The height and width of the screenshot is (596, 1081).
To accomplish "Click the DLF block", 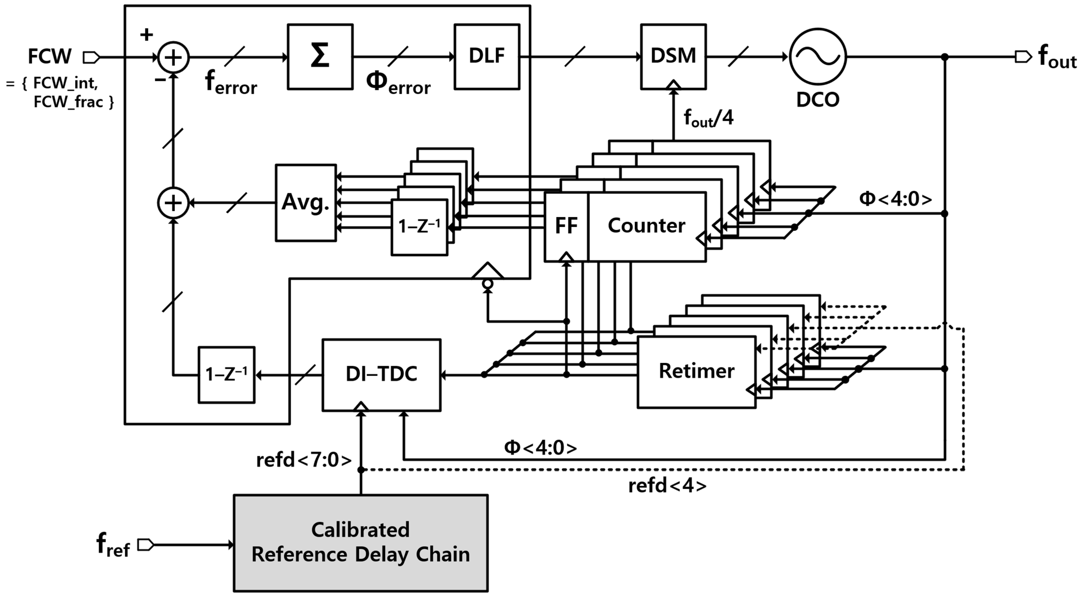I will [x=487, y=57].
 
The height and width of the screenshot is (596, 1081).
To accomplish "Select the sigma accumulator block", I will [x=320, y=57].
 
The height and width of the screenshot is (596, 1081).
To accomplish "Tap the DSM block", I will [x=673, y=57].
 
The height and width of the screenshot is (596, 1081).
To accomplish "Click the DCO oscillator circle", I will [x=818, y=57].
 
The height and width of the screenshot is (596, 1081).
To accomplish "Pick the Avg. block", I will [x=306, y=203].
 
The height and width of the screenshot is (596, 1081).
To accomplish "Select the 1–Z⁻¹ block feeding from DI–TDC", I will [x=226, y=375].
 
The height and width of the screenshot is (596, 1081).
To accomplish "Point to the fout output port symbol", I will [x=1023, y=57].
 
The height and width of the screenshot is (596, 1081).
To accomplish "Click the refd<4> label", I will [x=667, y=486].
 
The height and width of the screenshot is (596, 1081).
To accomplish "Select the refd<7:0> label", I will [x=304, y=460].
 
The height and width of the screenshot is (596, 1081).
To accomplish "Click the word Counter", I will [x=646, y=226].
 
